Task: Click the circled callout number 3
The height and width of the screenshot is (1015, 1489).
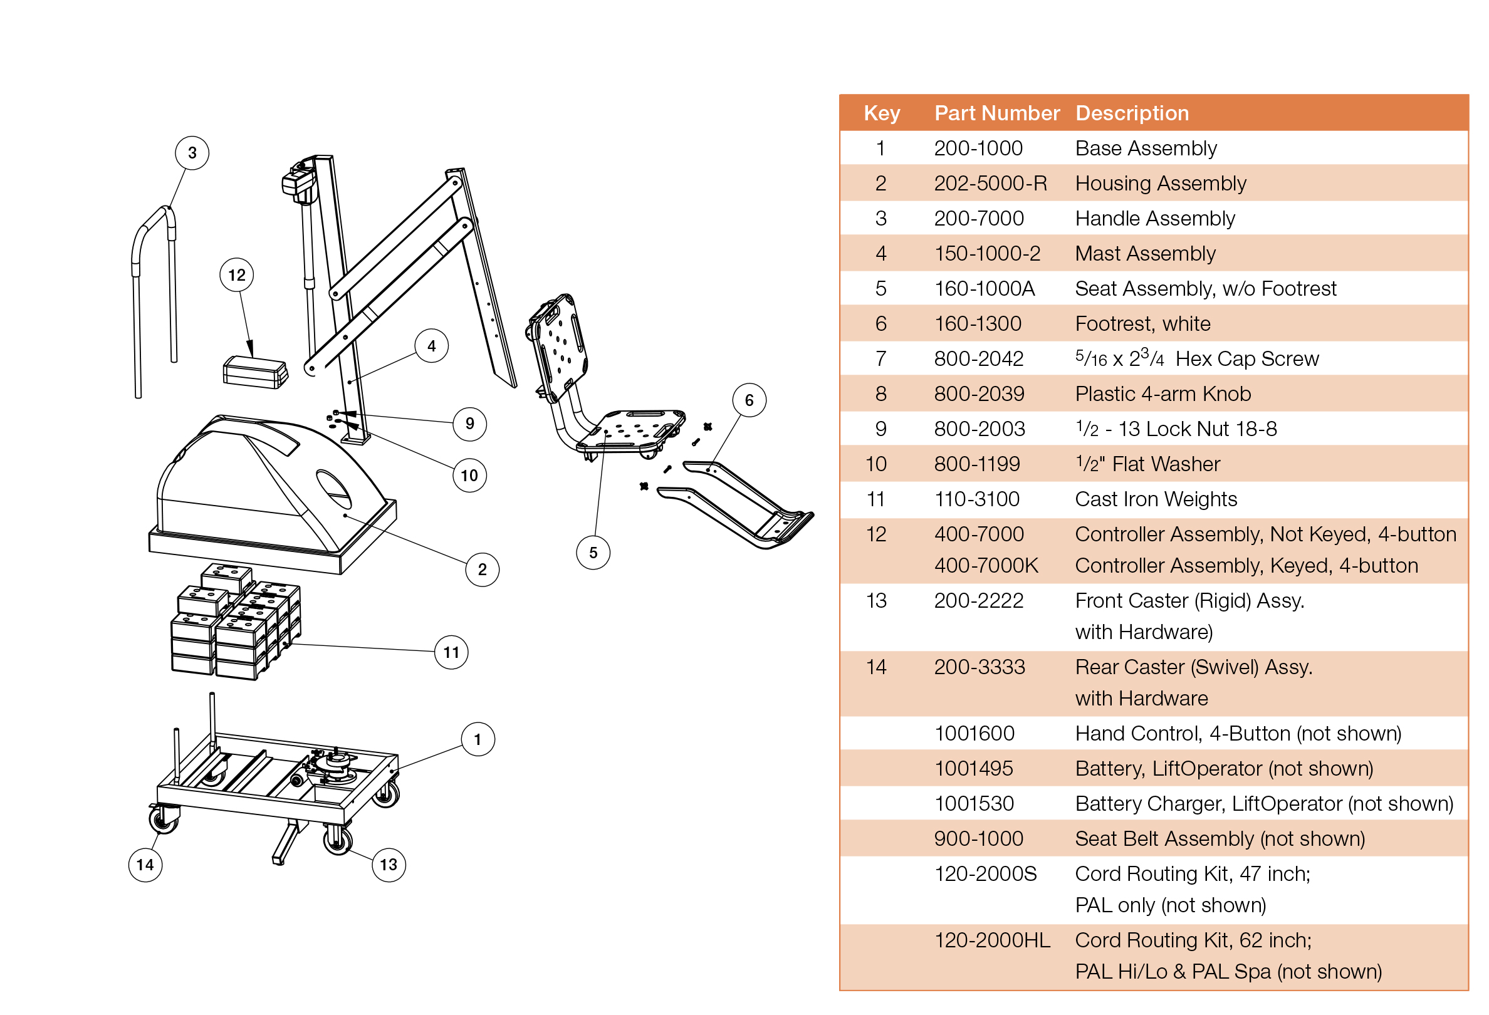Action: coord(192,153)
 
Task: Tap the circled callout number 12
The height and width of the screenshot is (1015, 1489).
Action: coord(236,274)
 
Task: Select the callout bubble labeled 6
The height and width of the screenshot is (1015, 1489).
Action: coord(748,400)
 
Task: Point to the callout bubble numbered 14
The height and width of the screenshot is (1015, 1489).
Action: coord(145,865)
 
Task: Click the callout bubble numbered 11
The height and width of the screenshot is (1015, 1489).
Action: coord(451,653)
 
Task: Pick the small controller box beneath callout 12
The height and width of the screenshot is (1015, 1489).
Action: coord(254,372)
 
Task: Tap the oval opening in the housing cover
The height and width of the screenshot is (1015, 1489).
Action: coord(333,489)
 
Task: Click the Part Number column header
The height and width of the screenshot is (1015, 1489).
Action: coord(996,113)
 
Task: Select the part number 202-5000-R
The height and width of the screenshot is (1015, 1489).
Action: coord(990,184)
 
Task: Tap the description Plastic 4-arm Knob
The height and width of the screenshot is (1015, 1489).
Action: coord(1162,394)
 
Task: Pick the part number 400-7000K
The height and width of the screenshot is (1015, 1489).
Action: coord(985,565)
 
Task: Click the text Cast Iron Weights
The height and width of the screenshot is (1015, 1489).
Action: coord(1155,499)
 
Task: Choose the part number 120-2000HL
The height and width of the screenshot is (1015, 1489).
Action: coord(991,940)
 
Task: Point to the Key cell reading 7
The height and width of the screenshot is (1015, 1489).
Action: coord(880,358)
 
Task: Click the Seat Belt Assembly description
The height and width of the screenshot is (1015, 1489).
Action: coord(1220,838)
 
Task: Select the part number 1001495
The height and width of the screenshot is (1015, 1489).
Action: coord(973,768)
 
